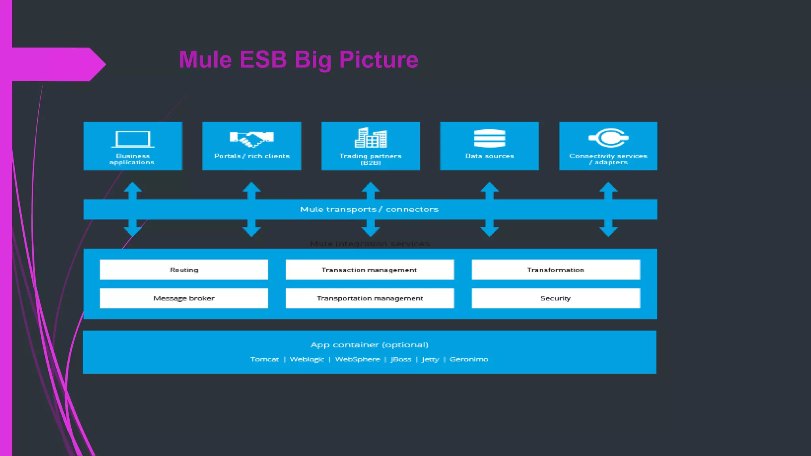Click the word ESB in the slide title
point(263,60)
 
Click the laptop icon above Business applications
point(133,139)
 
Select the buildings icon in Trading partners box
point(371,138)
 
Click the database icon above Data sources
point(489,138)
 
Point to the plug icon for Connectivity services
point(609,138)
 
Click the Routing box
point(184,270)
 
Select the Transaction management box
point(369,270)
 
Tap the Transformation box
point(556,270)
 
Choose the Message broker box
point(184,298)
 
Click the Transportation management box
point(369,298)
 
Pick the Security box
point(556,298)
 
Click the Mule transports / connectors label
point(369,209)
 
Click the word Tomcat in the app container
point(265,359)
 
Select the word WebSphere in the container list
point(357,359)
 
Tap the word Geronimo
point(469,359)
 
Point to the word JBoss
point(401,359)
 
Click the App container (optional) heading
point(369,345)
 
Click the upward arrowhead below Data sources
point(489,187)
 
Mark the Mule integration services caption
point(369,244)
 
